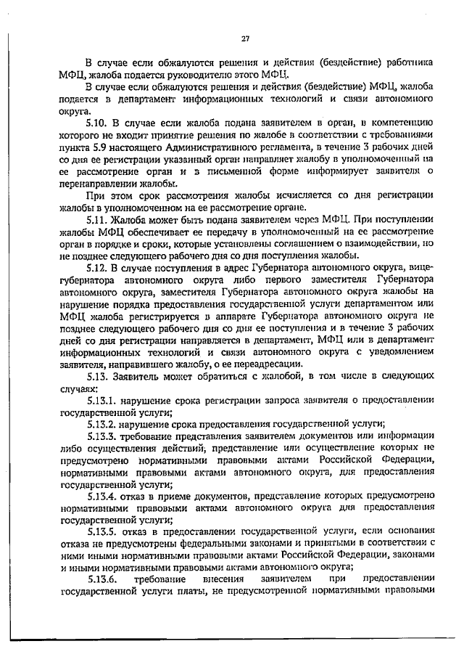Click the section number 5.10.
(98, 124)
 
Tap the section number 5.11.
(98, 219)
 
